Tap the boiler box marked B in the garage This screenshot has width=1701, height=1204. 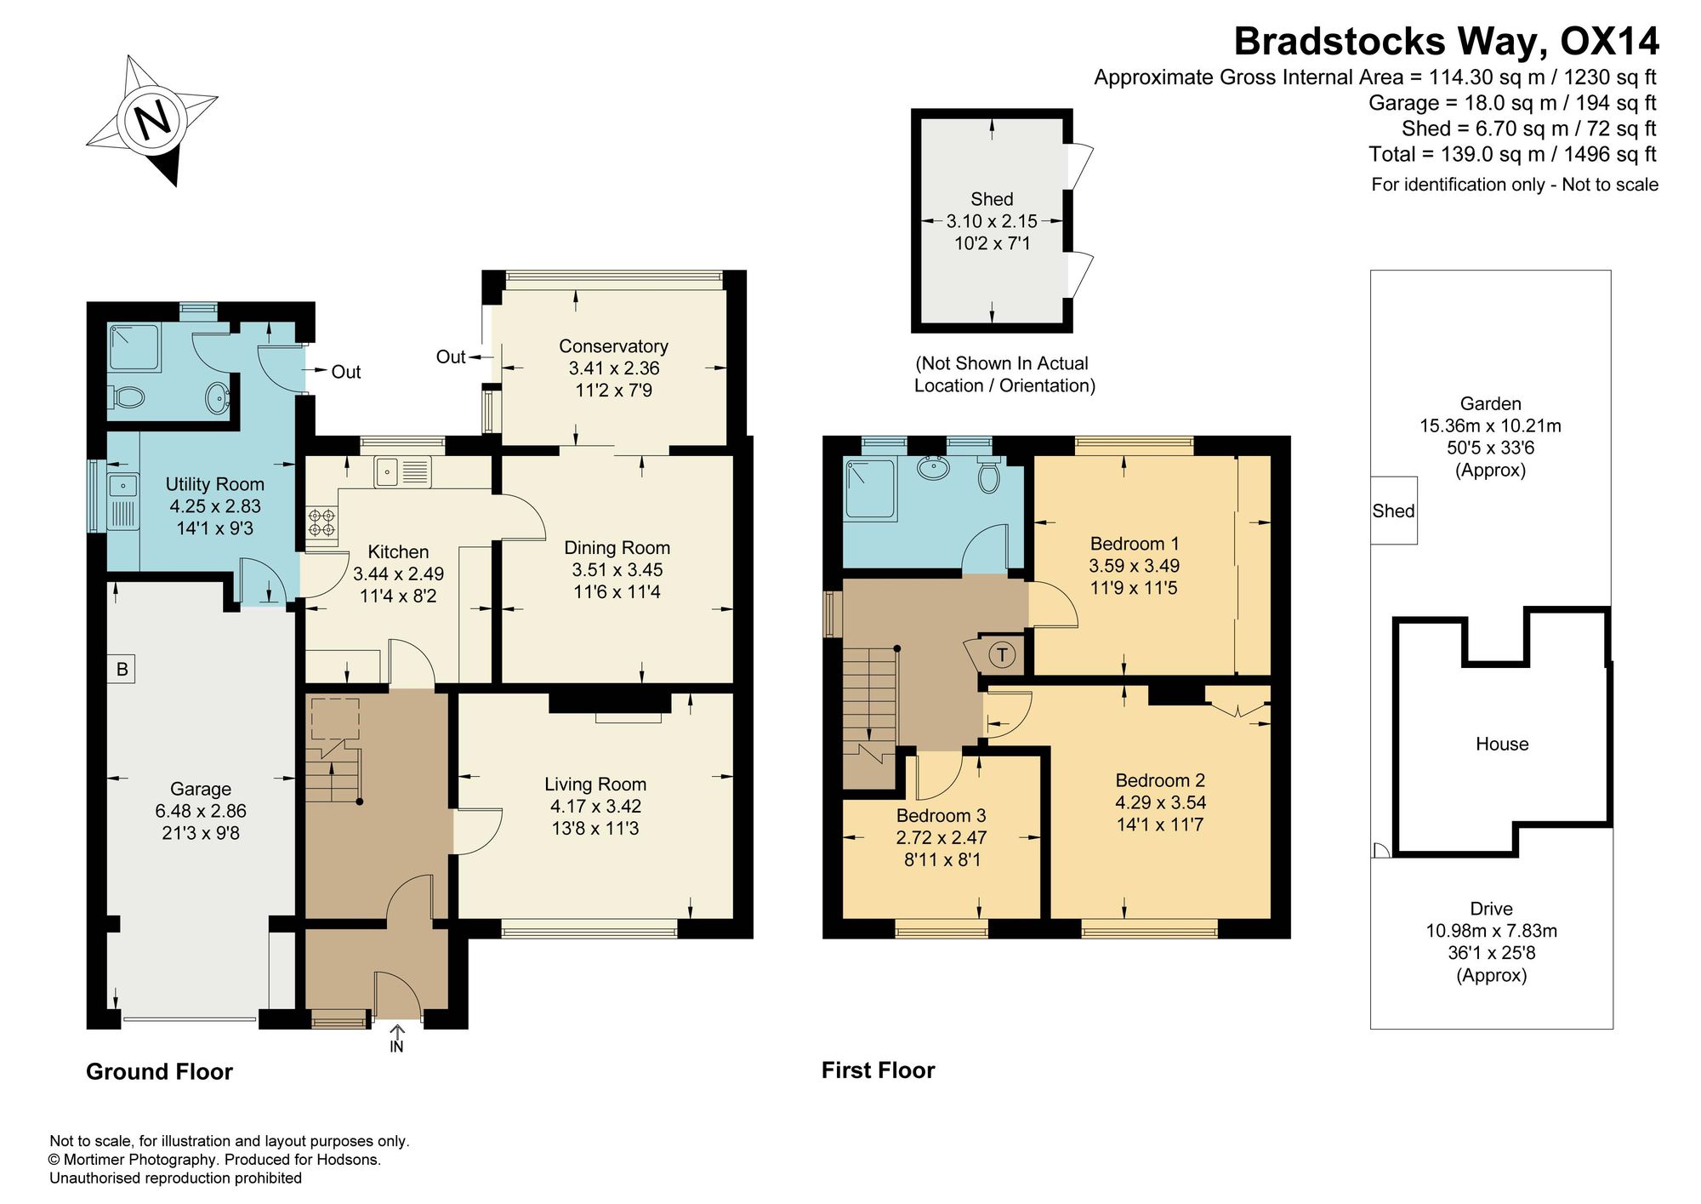click(122, 670)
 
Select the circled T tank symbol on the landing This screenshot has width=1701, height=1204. click(1003, 654)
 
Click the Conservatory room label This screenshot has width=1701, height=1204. click(613, 346)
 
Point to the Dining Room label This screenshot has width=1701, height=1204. click(617, 548)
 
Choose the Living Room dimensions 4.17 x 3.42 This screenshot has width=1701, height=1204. click(595, 806)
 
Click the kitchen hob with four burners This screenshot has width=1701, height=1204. click(321, 522)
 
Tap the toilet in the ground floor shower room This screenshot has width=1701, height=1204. click(128, 397)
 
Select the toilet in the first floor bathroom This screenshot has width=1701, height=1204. click(987, 476)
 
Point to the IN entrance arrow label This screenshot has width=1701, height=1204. click(396, 1047)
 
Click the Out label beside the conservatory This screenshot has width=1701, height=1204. click(451, 357)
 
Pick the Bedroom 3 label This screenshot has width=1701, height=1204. click(942, 815)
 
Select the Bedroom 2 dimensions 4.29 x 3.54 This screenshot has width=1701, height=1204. click(1160, 802)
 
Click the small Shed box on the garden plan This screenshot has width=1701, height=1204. click(1394, 511)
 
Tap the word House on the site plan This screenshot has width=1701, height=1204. click(1502, 744)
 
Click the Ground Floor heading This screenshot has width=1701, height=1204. click(159, 1071)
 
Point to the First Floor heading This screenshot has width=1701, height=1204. click(878, 1070)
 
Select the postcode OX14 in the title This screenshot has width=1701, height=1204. click(1610, 41)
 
